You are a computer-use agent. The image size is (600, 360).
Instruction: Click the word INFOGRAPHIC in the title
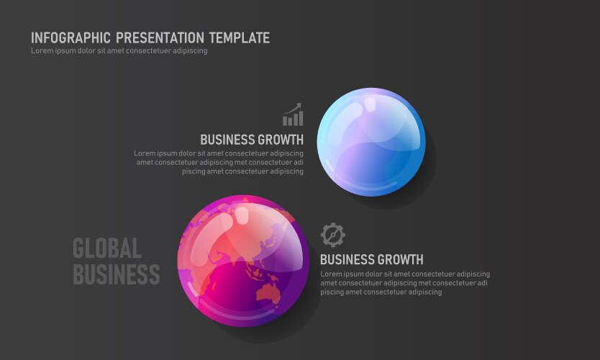[71, 38]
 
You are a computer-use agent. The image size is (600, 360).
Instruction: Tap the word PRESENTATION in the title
[160, 38]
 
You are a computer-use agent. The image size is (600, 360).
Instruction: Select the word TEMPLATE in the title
[240, 38]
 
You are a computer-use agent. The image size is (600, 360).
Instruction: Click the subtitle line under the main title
[119, 51]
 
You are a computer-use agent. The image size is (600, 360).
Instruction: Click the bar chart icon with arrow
[293, 114]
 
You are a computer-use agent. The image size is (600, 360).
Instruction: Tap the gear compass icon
[333, 235]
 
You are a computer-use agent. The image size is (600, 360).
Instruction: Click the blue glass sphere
[371, 142]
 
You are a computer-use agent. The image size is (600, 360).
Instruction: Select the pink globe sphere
[243, 261]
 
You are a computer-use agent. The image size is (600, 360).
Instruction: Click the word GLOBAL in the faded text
[107, 248]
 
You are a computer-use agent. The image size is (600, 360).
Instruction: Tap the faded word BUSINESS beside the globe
[117, 274]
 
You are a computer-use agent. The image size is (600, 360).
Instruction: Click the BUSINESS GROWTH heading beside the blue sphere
[252, 140]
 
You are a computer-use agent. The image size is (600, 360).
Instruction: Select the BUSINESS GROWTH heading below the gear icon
[372, 260]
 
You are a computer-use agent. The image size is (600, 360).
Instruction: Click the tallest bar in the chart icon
[301, 118]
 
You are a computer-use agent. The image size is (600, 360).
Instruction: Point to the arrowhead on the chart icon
[299, 105]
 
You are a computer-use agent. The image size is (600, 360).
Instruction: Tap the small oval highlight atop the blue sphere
[370, 104]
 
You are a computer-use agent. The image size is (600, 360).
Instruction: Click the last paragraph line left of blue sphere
[242, 171]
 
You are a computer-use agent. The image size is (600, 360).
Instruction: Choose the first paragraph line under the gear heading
[405, 274]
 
